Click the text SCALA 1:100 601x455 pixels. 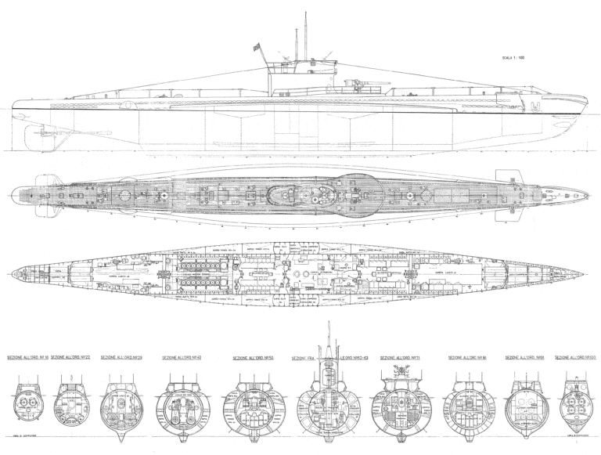(x=520, y=57)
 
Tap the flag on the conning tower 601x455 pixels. (x=256, y=49)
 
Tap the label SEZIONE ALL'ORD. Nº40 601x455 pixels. (x=182, y=358)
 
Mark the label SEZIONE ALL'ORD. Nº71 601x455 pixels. (x=398, y=358)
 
